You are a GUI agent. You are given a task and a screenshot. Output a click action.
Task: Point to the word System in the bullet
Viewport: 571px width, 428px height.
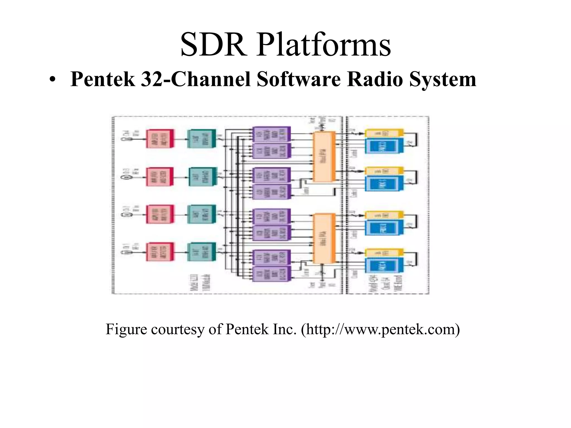[442, 79]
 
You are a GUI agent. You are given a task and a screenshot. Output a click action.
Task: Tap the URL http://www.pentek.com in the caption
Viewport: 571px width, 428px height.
[380, 330]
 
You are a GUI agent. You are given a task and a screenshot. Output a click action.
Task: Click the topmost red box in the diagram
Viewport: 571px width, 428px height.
[160, 138]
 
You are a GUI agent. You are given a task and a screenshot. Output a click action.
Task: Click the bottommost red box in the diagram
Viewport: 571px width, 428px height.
[160, 252]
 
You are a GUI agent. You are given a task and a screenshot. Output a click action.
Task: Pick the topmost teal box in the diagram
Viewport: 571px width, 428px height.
[202, 138]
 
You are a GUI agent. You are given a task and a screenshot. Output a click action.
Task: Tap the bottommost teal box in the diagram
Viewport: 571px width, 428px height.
[202, 252]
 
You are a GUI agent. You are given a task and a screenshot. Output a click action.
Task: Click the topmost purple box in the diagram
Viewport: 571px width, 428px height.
[271, 134]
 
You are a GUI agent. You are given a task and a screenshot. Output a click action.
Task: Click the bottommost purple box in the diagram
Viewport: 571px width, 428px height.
[271, 274]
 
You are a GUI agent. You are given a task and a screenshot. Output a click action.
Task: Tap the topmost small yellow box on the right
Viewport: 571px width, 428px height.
[384, 133]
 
